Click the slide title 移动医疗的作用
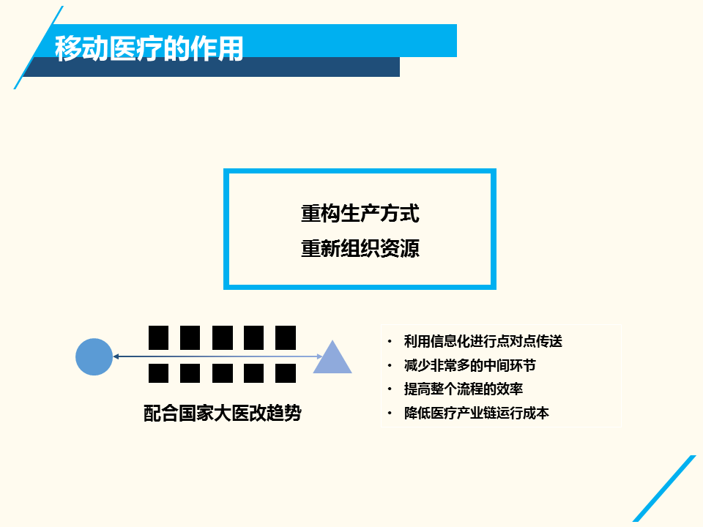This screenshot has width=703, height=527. (x=149, y=48)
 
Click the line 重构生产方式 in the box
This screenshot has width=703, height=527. (x=360, y=213)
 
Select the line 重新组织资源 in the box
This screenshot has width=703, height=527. (x=360, y=248)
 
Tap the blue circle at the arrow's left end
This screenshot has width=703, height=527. (x=94, y=356)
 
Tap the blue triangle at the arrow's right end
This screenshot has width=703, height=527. (x=332, y=357)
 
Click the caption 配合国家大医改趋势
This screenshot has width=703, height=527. (x=223, y=413)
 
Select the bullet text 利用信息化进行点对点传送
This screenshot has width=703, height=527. (x=483, y=342)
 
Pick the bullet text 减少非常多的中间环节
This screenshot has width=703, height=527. (x=470, y=365)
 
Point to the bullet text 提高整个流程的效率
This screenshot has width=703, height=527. (x=463, y=389)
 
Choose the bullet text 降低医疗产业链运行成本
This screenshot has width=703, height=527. (x=476, y=413)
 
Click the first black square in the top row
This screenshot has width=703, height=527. (x=159, y=338)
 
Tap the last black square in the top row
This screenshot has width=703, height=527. (x=286, y=338)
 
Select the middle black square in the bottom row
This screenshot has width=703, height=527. (x=223, y=373)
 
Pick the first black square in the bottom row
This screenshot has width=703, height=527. (x=159, y=373)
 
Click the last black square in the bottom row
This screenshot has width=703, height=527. (x=286, y=373)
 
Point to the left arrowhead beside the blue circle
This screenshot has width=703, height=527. (x=116, y=356)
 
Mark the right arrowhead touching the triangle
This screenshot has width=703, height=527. (x=320, y=356)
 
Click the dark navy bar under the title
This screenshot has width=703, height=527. (x=211, y=67)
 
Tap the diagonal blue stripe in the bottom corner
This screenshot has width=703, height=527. (x=664, y=488)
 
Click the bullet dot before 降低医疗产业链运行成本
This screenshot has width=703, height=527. (x=390, y=413)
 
